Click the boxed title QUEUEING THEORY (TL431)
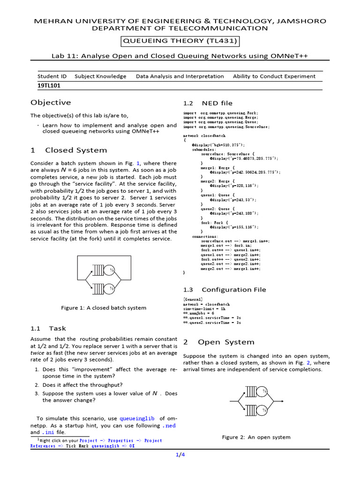click(x=180, y=41)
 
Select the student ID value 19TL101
click(x=49, y=86)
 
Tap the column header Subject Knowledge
click(x=100, y=76)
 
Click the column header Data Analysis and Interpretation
click(x=180, y=76)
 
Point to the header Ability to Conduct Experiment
click(x=274, y=76)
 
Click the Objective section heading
click(x=51, y=103)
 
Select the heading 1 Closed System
click(x=68, y=150)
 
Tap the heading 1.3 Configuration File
click(x=224, y=290)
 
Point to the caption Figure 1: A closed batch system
click(x=104, y=308)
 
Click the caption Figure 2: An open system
click(x=256, y=437)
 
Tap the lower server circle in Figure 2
click(x=264, y=409)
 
